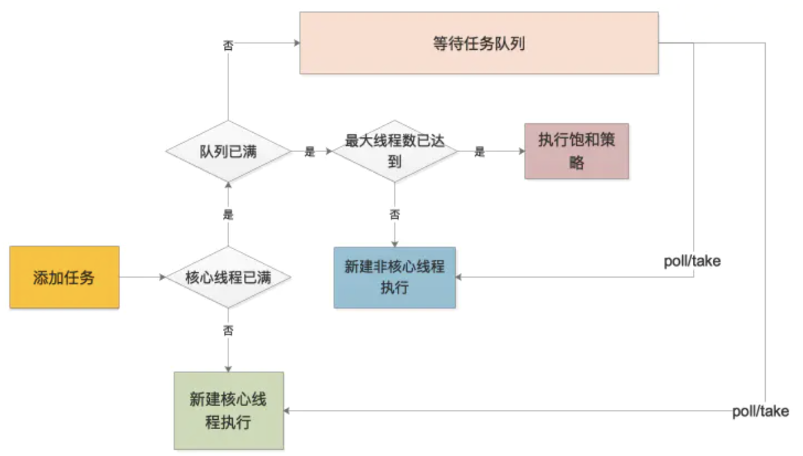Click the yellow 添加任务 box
[x=64, y=277]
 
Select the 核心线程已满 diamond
[x=228, y=277]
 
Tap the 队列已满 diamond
[x=228, y=151]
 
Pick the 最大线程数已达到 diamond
[x=395, y=151]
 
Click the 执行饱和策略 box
[x=576, y=151]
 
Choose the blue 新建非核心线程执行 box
[x=395, y=277]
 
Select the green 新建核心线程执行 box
[x=228, y=411]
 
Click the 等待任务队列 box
[x=479, y=43]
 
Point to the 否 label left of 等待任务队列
[x=228, y=45]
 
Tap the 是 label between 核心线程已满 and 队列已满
[x=228, y=215]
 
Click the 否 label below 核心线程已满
[x=228, y=331]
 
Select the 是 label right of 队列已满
[x=309, y=152]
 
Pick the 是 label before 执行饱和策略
[x=479, y=152]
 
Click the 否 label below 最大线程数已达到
[x=395, y=215]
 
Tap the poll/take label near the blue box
[x=692, y=261]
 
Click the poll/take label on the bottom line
[x=761, y=411]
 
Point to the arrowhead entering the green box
[x=287, y=411]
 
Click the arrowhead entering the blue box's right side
[x=459, y=277]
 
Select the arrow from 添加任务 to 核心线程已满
[x=141, y=277]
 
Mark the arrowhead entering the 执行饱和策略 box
[x=522, y=151]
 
